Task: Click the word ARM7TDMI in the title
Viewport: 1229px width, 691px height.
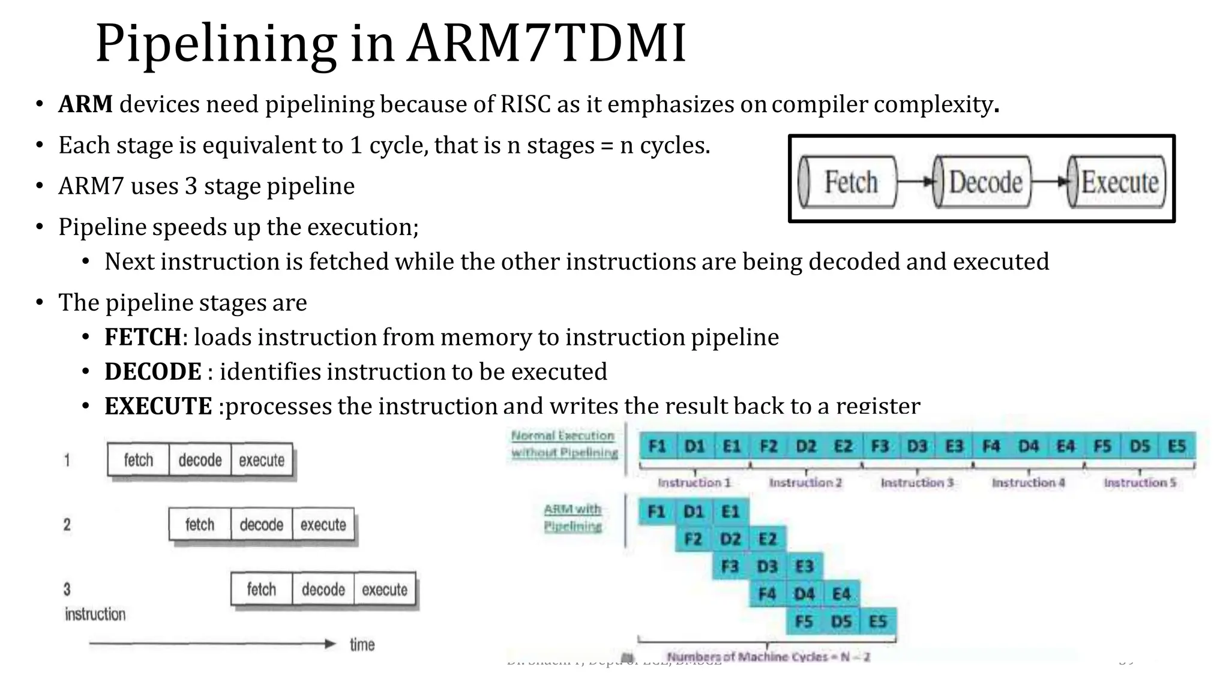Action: pos(546,43)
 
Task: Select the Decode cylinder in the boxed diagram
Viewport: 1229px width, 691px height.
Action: pos(983,182)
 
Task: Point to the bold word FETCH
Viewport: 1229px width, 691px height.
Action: pos(143,337)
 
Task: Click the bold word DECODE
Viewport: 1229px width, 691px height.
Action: pos(153,372)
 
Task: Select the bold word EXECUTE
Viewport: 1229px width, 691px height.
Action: pos(158,406)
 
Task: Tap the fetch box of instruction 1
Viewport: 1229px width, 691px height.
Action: pos(139,460)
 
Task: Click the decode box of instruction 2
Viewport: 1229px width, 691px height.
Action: pos(262,525)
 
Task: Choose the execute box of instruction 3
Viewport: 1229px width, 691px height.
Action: pos(385,590)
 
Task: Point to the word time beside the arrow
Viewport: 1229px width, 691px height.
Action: pos(362,645)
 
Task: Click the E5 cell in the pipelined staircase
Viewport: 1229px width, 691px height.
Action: pos(878,621)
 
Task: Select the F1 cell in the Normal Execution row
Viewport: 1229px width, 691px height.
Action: pos(658,446)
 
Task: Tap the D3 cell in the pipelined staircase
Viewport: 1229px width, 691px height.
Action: pos(767,566)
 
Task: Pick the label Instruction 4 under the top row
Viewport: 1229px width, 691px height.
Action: pos(1028,482)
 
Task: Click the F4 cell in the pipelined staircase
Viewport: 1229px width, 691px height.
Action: pos(767,594)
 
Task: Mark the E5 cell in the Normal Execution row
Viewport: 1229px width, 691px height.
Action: pos(1177,446)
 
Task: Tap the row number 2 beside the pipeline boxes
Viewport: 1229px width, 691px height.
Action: pos(67,525)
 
